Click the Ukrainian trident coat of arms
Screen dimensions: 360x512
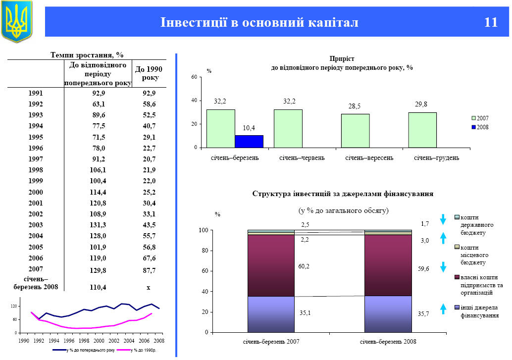pyautogui.click(x=17, y=21)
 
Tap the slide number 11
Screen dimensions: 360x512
pyautogui.click(x=491, y=22)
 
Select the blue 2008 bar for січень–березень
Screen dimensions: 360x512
pyautogui.click(x=249, y=141)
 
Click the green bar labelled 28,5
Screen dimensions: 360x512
pyautogui.click(x=355, y=131)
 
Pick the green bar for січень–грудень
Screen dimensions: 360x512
pyautogui.click(x=422, y=130)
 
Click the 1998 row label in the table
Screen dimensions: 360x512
pyautogui.click(x=36, y=170)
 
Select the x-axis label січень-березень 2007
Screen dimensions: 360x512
pyautogui.click(x=271, y=342)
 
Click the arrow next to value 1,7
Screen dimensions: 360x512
pyautogui.click(x=444, y=219)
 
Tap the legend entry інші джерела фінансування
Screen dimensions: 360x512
pyautogui.click(x=478, y=311)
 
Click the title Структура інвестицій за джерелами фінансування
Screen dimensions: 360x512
pyautogui.click(x=343, y=194)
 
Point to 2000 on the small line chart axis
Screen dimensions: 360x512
pyautogui.click(x=99, y=341)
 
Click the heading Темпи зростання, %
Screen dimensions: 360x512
pyautogui.click(x=87, y=54)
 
